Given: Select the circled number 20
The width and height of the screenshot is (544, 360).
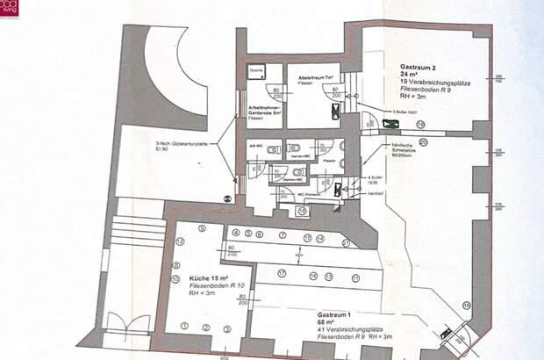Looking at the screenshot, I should pos(423,141).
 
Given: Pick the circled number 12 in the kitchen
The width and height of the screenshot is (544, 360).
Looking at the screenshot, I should pos(179,240).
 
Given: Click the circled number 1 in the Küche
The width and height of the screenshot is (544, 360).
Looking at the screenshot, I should pos(184,327).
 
